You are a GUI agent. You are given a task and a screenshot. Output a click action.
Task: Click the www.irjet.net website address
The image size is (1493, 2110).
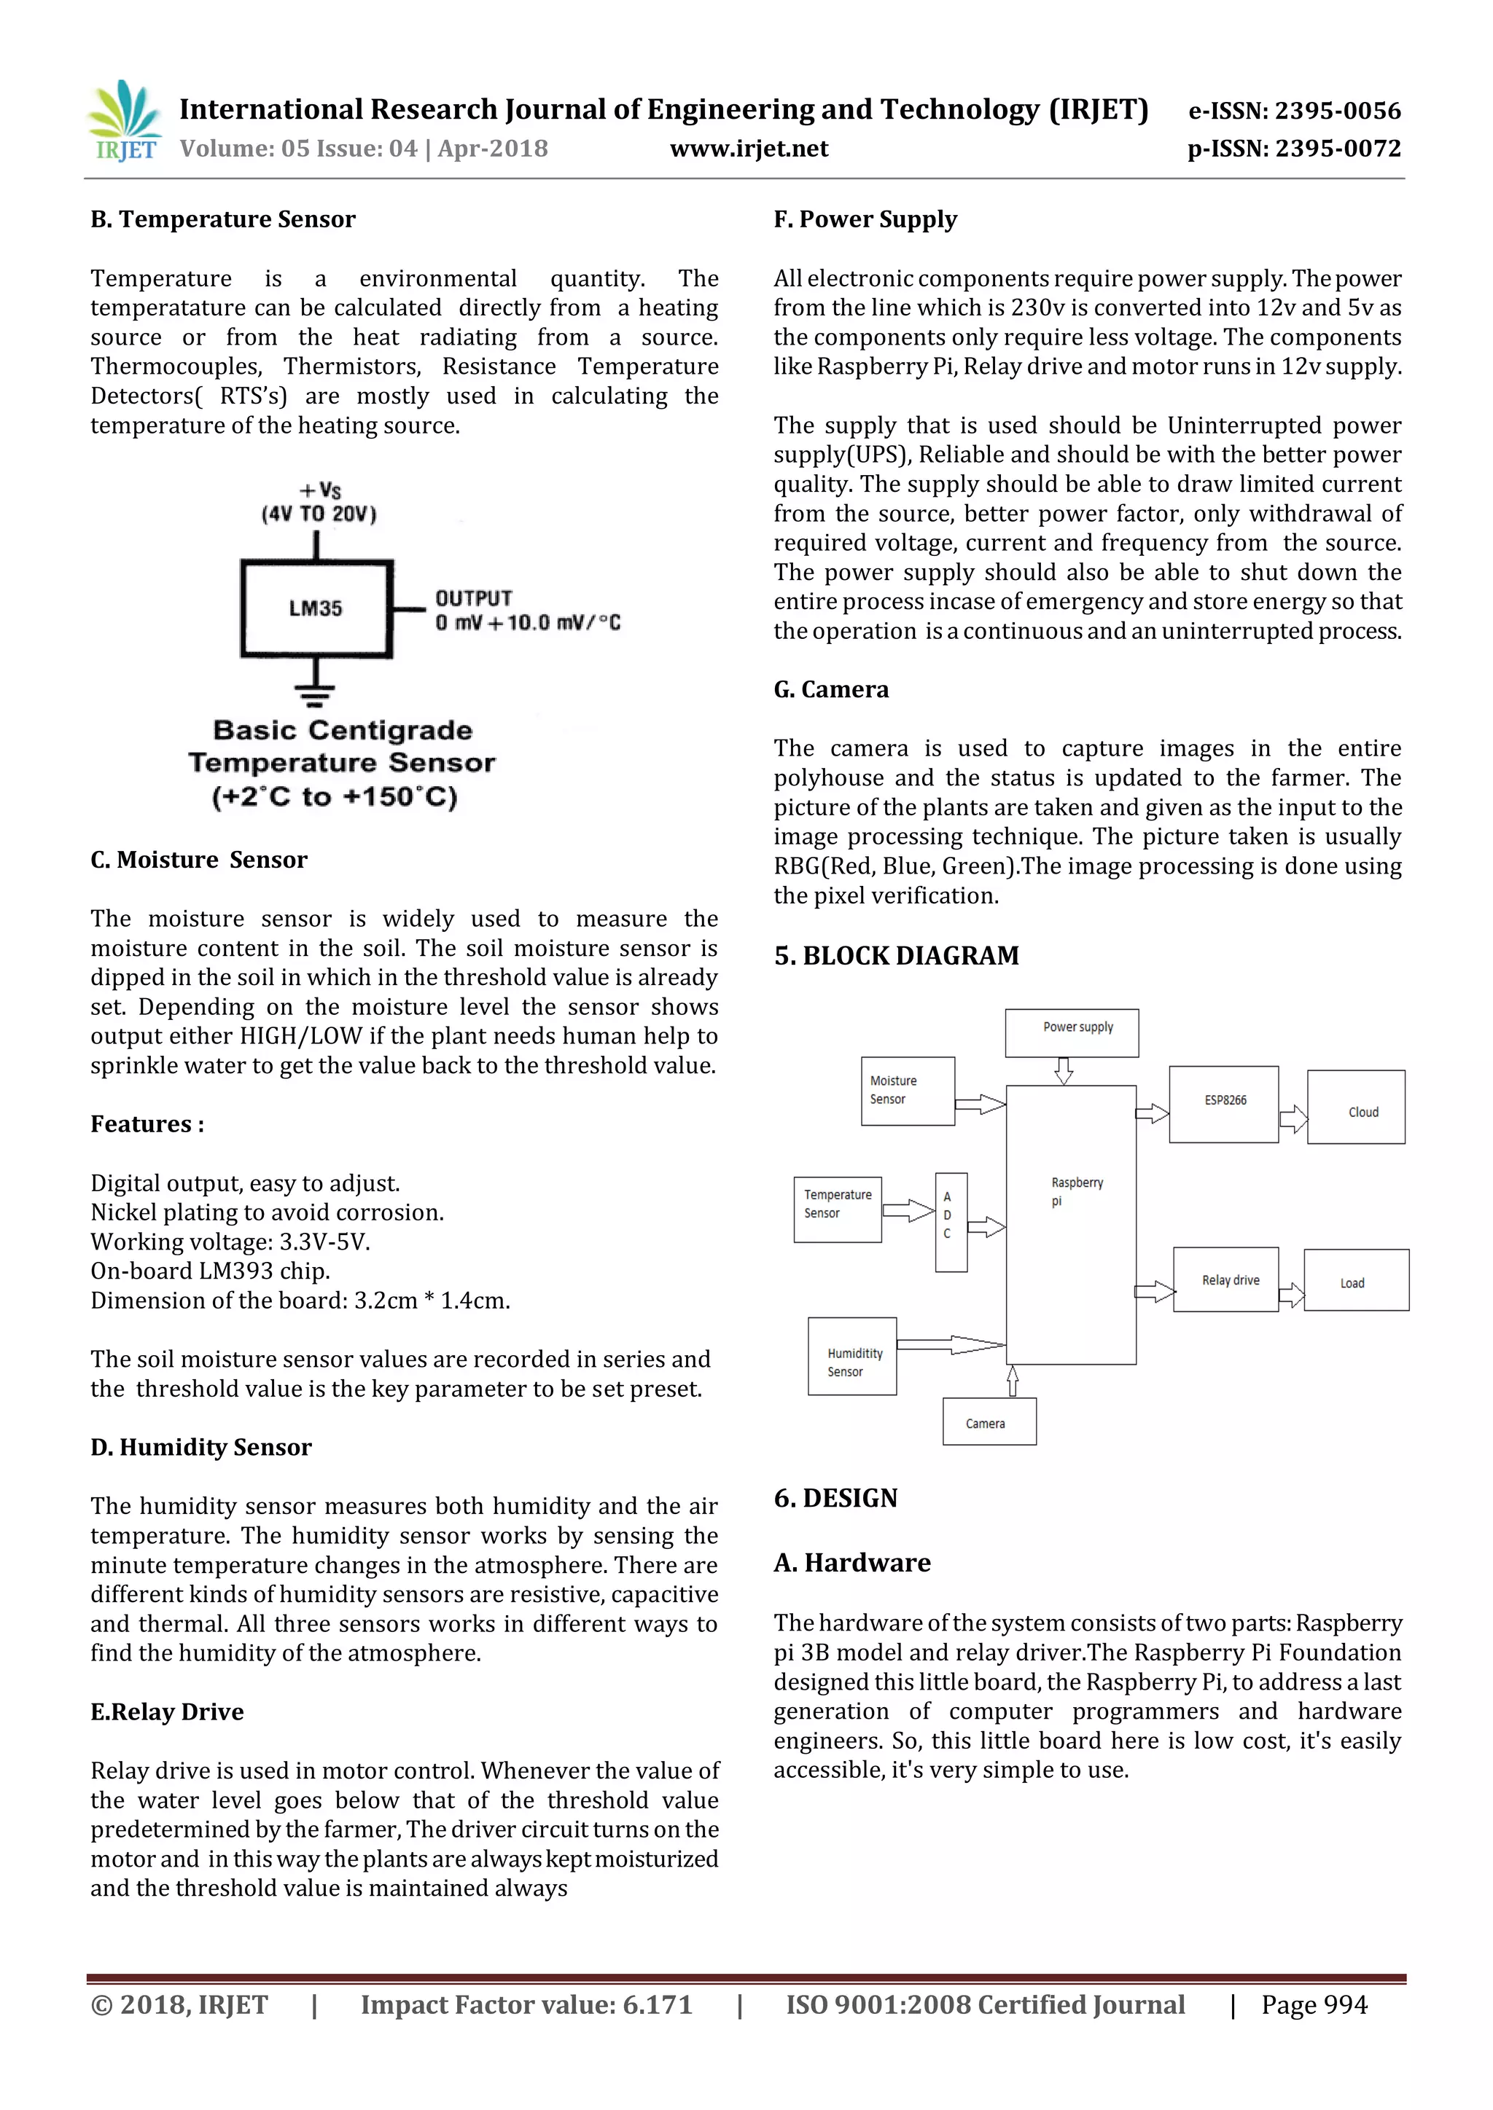[749, 149]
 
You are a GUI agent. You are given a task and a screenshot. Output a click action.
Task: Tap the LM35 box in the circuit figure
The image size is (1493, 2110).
[316, 608]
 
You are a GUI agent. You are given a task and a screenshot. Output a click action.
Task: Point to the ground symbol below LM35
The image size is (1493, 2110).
[316, 693]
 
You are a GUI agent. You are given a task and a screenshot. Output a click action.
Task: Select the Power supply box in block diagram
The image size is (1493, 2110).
[1071, 1033]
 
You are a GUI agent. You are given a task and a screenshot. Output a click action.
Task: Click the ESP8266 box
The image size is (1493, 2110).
[1224, 1104]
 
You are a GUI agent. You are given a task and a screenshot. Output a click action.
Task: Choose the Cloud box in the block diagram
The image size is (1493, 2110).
[1356, 1107]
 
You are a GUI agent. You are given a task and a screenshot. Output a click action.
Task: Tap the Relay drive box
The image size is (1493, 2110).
[1225, 1279]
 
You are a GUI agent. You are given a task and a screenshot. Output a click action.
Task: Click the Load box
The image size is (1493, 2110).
[1356, 1279]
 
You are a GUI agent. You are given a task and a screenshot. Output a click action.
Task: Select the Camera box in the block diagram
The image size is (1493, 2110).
[989, 1421]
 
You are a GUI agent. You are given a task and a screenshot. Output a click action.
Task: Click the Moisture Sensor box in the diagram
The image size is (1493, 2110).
[908, 1091]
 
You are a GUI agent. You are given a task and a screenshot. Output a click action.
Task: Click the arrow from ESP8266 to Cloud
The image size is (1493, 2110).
[1293, 1118]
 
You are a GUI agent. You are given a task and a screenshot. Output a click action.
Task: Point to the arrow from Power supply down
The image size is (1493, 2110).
[1064, 1070]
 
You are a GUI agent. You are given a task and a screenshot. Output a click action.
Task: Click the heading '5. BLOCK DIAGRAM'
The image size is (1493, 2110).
[897, 956]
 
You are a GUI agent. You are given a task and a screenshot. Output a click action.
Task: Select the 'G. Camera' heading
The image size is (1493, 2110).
[831, 689]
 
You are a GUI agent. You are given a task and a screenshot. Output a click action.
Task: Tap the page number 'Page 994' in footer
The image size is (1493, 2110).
[1314, 2004]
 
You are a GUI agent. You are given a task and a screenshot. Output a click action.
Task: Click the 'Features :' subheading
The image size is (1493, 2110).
[147, 1124]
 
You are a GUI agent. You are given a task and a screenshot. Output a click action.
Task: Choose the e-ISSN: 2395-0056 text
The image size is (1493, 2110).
[1295, 111]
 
